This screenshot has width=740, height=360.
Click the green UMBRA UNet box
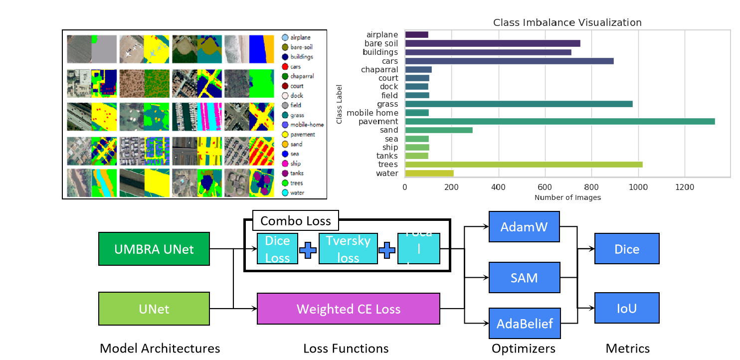tap(154, 249)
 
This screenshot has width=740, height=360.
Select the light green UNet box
tap(154, 309)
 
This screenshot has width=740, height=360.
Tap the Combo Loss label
tap(295, 220)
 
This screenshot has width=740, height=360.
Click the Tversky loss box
tap(348, 249)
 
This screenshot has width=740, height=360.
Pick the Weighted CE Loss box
tap(348, 309)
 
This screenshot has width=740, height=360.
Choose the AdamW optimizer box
tap(524, 227)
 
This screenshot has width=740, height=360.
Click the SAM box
tap(524, 278)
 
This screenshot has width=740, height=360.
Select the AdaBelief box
tap(525, 324)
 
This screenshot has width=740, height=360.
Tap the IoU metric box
tap(627, 308)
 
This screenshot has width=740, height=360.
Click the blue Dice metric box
tap(627, 249)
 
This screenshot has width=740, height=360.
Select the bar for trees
tap(524, 165)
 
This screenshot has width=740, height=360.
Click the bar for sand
tap(439, 130)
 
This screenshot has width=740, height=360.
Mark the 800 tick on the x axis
tap(591, 187)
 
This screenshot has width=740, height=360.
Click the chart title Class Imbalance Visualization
tap(567, 22)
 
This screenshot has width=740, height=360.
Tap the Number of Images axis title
tap(567, 197)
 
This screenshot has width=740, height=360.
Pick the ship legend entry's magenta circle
tap(285, 164)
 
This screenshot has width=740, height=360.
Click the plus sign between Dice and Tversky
tap(308, 250)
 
